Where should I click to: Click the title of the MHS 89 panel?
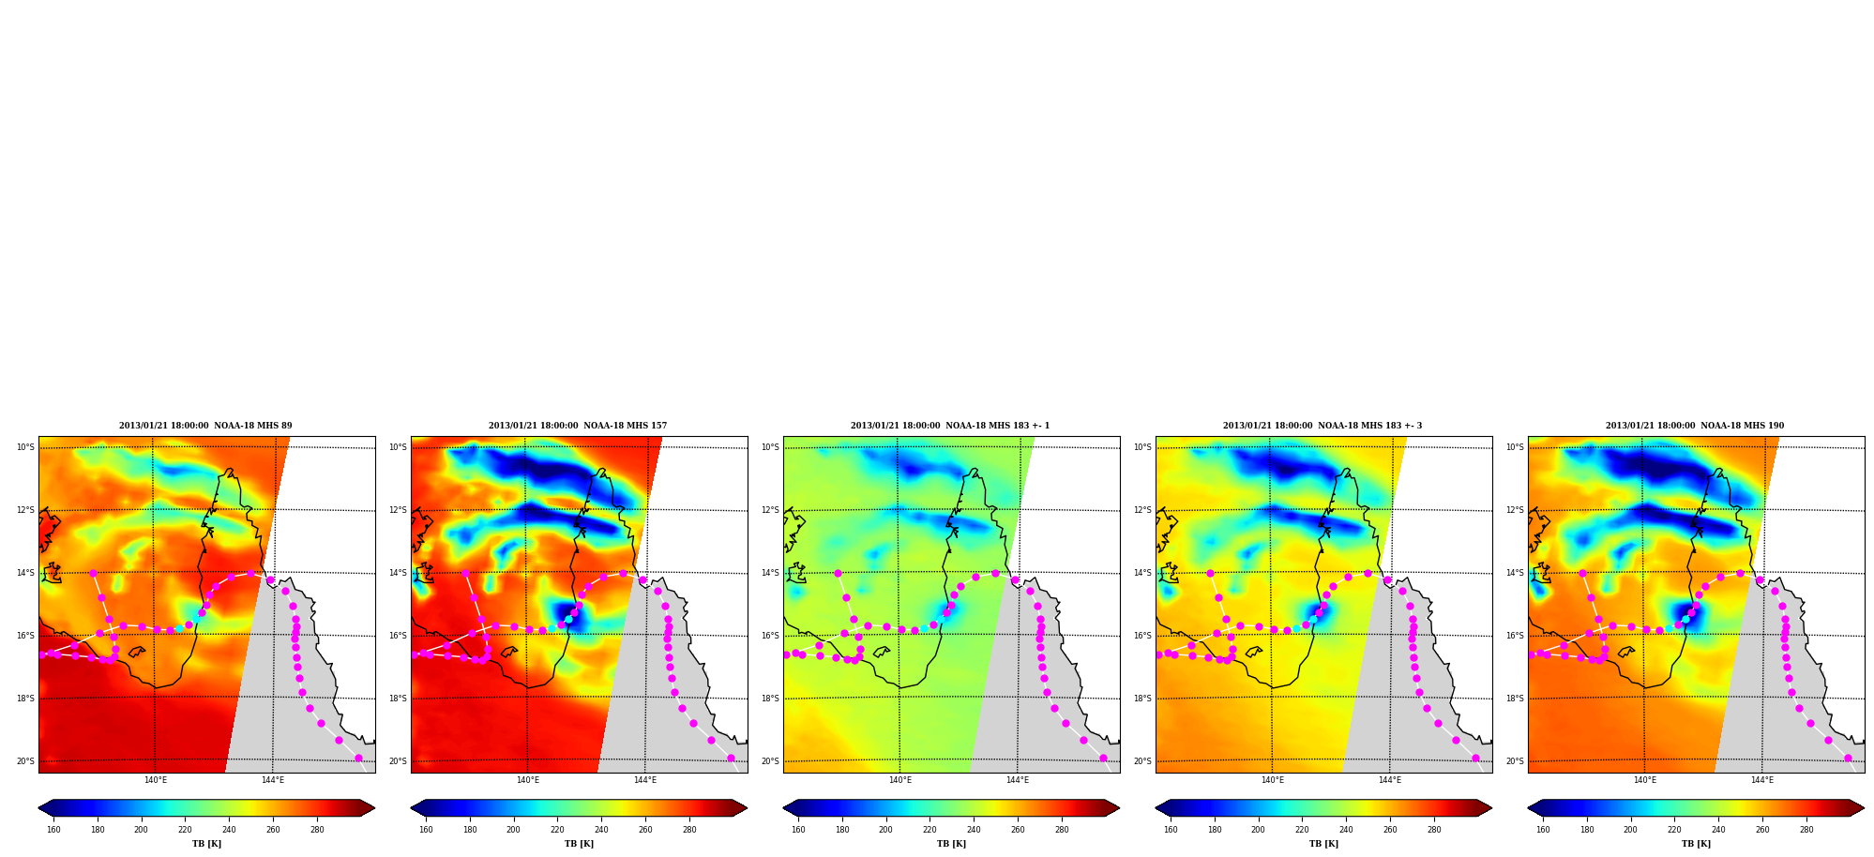coord(205,426)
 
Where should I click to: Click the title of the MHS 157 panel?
coord(578,426)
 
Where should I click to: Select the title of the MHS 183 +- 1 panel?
coord(950,426)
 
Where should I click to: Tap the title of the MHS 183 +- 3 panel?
coord(1322,426)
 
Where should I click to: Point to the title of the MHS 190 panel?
coord(1695,426)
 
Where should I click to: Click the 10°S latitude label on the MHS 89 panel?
coord(25,447)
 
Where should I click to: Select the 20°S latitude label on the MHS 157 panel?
coord(398,761)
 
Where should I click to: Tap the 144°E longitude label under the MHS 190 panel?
coord(1761,780)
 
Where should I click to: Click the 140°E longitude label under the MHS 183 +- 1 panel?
coord(900,780)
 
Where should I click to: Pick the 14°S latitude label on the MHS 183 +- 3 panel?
coord(1142,573)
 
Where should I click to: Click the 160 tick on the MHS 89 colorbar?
coord(53,829)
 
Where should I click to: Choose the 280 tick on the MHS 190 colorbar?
coord(1806,829)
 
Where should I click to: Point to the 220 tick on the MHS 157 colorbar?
coord(557,829)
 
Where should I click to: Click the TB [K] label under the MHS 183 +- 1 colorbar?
coord(951,844)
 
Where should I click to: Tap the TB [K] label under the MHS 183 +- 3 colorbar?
coord(1323,844)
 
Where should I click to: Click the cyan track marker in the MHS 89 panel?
coord(180,628)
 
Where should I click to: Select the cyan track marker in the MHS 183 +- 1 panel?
coord(924,628)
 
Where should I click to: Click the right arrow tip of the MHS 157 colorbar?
coord(747,808)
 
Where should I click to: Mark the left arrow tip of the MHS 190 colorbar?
coord(1529,808)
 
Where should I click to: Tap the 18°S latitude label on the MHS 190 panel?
coord(1515,699)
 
